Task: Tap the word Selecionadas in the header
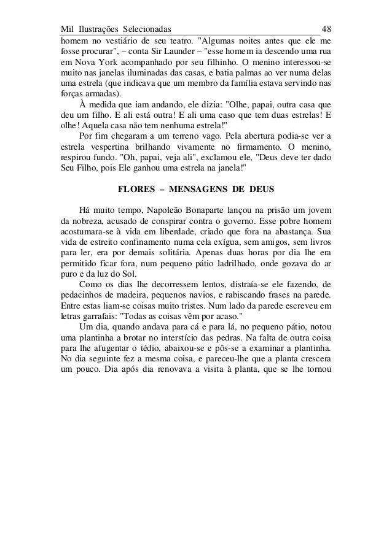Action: [147, 29]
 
